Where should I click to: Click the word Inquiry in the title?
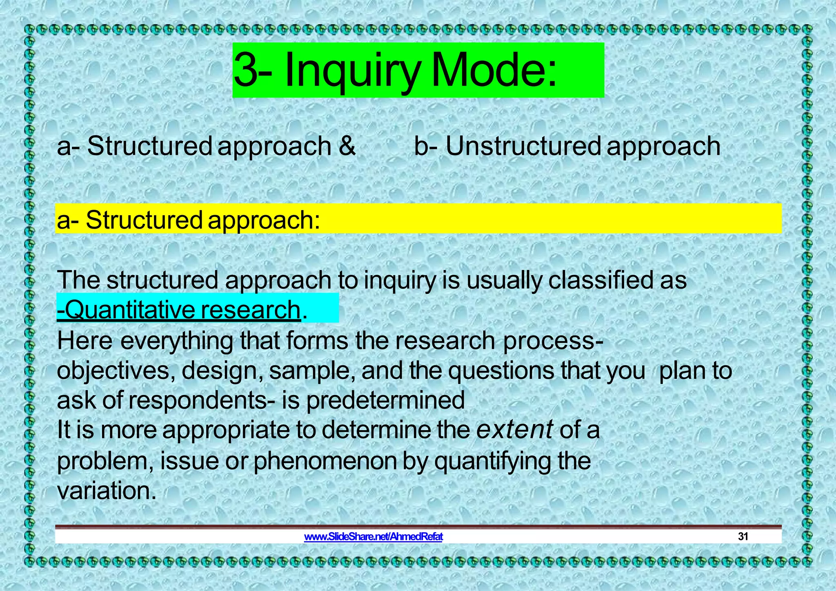click(352, 70)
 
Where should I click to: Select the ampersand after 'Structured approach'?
click(347, 146)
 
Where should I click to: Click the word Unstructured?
click(523, 146)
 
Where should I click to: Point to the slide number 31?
click(743, 536)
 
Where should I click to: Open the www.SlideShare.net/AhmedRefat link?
click(373, 536)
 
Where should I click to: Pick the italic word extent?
click(515, 429)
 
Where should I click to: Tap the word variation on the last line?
click(106, 491)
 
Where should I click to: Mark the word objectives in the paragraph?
click(116, 371)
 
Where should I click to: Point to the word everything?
click(177, 340)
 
